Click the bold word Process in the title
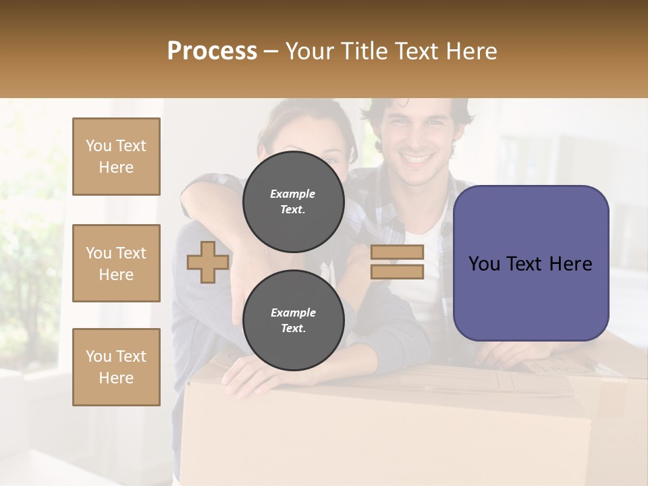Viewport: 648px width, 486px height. click(212, 51)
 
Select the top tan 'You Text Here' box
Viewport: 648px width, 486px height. click(116, 157)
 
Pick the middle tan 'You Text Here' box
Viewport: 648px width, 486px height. click(116, 263)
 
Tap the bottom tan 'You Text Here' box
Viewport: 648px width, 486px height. click(116, 367)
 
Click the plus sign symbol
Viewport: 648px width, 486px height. click(207, 262)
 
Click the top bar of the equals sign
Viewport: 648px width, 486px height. click(397, 252)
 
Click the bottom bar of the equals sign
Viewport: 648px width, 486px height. click(397, 271)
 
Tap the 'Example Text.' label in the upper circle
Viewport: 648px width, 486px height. click(293, 201)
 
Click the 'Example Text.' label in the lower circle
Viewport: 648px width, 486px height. click(293, 320)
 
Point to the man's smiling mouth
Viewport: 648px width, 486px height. click(416, 161)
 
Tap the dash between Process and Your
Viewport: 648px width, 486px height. click(271, 52)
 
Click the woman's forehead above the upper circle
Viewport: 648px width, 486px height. click(317, 132)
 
